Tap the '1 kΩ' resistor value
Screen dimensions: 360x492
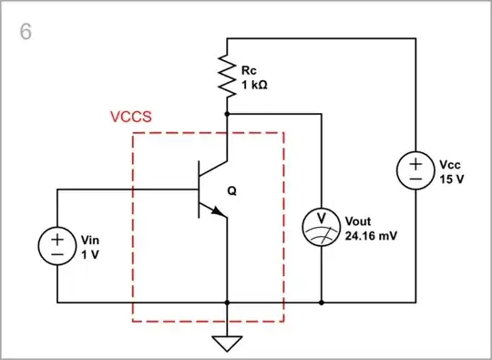[x=255, y=84]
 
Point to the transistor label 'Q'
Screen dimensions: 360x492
[x=231, y=192]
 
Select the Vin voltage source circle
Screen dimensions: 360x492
[x=56, y=245]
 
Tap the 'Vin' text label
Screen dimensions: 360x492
[x=90, y=239]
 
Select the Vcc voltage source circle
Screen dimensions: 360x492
[x=415, y=171]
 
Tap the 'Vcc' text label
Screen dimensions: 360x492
[x=449, y=165]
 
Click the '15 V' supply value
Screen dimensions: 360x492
[x=449, y=180]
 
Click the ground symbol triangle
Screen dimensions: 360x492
[x=226, y=342]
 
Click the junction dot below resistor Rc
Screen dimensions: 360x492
[x=226, y=114]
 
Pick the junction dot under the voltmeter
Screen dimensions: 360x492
[x=321, y=302]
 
